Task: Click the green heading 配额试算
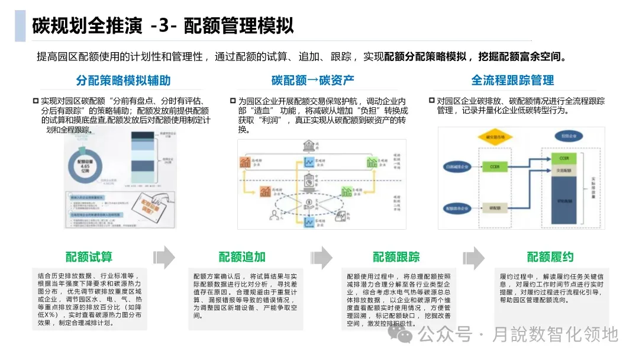click(89, 257)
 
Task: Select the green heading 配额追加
click(242, 257)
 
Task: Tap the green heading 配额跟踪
click(396, 257)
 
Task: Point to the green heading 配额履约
click(550, 257)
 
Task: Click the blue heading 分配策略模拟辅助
click(123, 81)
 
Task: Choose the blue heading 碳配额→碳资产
click(313, 81)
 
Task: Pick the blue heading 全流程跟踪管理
click(512, 81)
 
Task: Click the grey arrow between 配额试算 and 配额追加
click(164, 257)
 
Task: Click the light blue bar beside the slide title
click(20, 26)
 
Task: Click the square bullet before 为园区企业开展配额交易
click(232, 101)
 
